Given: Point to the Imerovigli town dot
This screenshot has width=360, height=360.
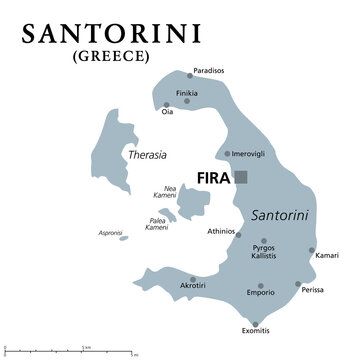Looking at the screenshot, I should (228, 154).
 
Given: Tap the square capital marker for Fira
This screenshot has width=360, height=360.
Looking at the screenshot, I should (241, 176).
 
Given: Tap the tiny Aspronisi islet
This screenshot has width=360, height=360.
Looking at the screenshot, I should (122, 237).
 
